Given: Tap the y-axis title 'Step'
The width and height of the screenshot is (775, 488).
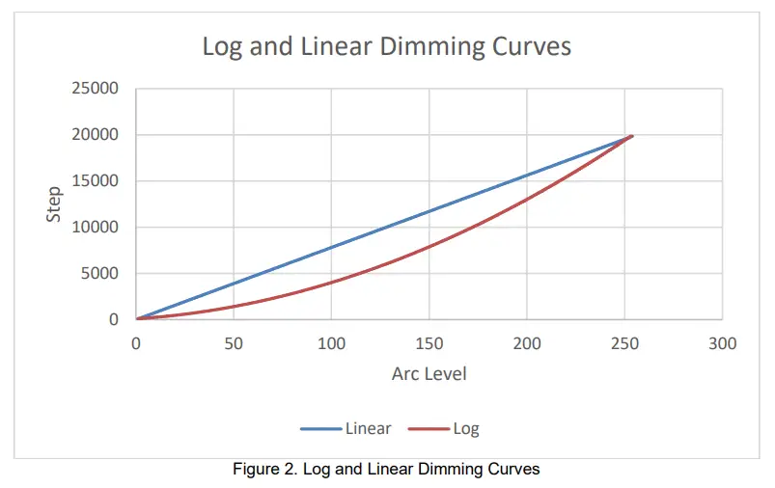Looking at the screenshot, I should pos(55,204).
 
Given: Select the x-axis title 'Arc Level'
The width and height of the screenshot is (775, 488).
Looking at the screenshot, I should pos(429,373).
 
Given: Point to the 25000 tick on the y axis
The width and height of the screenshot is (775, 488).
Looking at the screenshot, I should pos(96,89).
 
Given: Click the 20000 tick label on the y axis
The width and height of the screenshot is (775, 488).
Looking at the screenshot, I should pos(96,135).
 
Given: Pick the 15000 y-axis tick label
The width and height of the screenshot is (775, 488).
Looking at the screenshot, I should pos(96,181).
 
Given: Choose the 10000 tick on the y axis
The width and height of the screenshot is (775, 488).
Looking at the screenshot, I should pos(96,228).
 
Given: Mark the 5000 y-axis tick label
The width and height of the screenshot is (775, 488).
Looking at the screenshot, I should pos(99,274).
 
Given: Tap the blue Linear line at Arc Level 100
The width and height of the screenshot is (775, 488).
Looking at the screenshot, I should pos(331,247).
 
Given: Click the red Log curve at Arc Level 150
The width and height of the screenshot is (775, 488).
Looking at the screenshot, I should pos(429,246).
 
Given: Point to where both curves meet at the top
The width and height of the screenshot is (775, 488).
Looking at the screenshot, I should pos(631,136).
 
